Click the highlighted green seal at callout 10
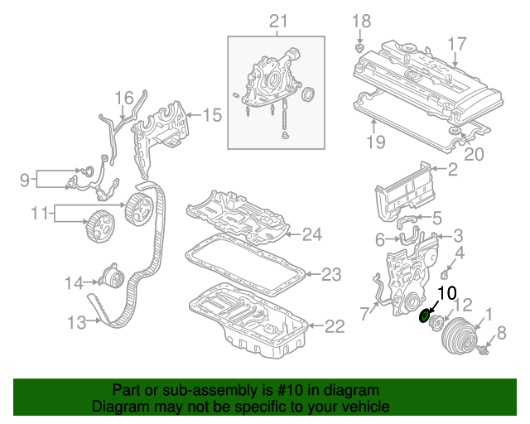426,315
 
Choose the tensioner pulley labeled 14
109,277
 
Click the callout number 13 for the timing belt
76,322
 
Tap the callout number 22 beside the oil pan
333,326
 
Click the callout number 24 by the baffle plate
311,235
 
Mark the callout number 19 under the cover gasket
376,142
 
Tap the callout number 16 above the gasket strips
123,98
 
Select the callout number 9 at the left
25,177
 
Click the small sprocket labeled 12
441,321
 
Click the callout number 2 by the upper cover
452,171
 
